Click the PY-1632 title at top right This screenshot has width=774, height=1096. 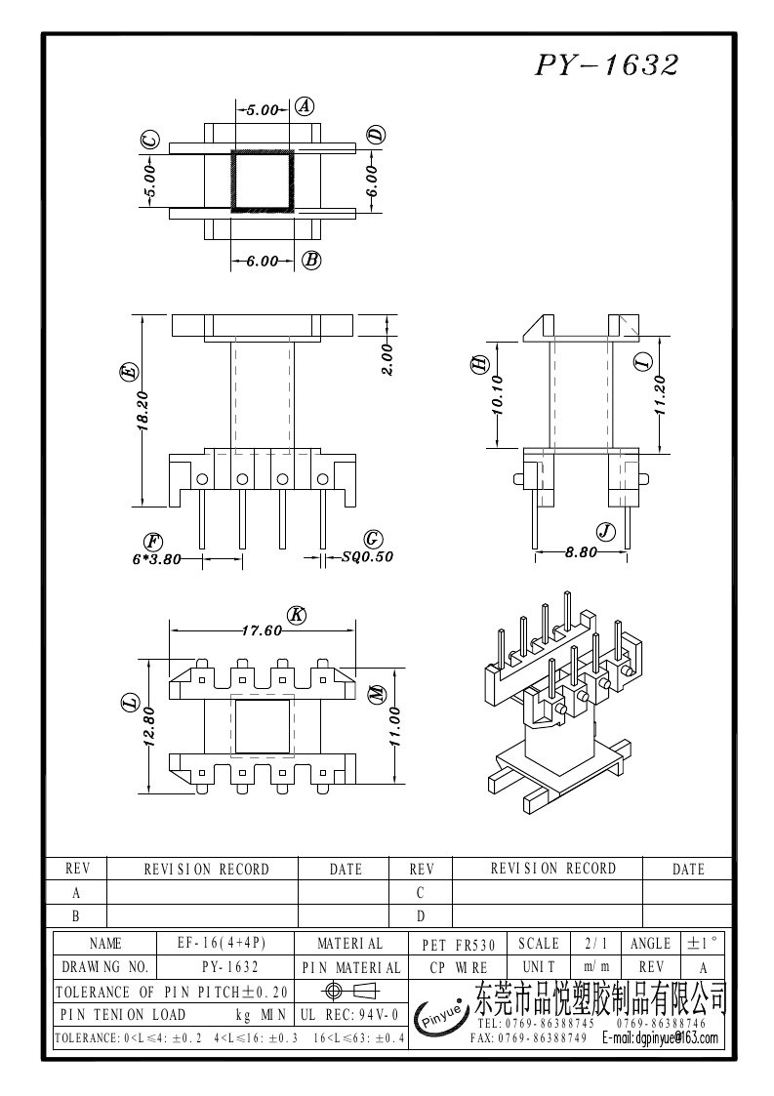tap(606, 65)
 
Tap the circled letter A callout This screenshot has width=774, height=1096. tap(304, 107)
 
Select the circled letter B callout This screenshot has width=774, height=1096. tap(312, 260)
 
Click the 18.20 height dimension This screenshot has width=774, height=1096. tap(143, 411)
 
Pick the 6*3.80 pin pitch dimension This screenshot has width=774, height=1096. tap(157, 559)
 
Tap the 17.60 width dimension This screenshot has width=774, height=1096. tap(262, 630)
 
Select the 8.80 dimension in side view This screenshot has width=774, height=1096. tap(581, 551)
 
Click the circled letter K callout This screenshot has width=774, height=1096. tap(298, 615)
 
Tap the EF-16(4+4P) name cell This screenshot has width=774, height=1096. tap(222, 944)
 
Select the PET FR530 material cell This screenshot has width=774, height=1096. tap(459, 945)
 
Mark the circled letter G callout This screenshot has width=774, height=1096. tap(372, 540)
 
